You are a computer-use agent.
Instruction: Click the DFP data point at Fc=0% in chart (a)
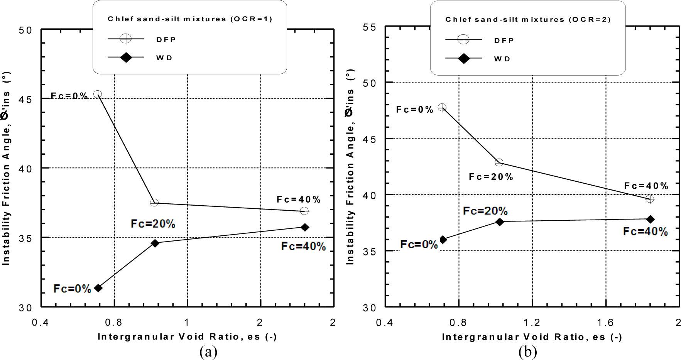(98, 94)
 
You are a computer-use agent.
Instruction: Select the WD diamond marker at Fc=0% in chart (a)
(98, 288)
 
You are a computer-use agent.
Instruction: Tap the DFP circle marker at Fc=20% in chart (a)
(154, 203)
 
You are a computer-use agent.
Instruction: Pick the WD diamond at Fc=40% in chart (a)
(305, 227)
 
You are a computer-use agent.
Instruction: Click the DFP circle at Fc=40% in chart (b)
(650, 199)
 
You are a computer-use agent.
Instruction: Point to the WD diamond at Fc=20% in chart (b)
(500, 222)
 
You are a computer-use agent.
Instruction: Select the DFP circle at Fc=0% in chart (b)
(442, 107)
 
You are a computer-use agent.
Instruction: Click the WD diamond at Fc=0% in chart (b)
(443, 240)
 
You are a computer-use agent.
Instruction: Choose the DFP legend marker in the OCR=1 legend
(126, 39)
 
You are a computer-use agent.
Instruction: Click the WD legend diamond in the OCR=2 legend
(463, 59)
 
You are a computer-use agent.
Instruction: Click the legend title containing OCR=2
(528, 19)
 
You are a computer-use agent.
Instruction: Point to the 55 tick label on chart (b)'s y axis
(370, 27)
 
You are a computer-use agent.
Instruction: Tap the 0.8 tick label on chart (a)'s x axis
(114, 322)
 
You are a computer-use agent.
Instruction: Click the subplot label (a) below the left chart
(208, 352)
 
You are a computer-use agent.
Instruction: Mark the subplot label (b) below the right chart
(527, 352)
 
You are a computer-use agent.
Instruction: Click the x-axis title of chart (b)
(532, 337)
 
